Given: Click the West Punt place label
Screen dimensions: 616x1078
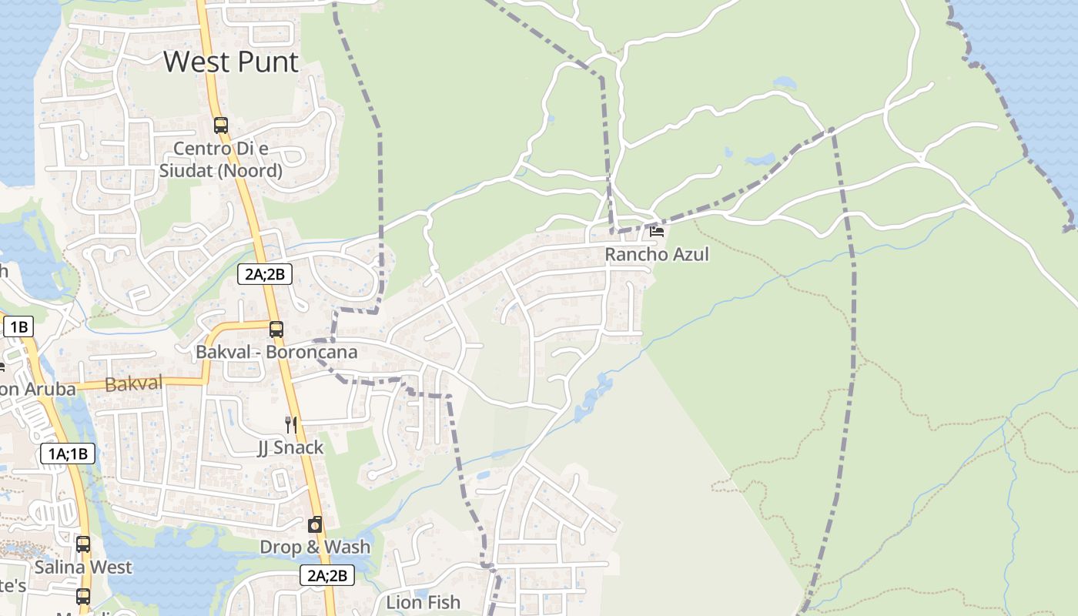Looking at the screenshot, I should [x=231, y=62].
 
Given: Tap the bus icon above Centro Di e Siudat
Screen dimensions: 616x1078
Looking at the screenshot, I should [x=221, y=125].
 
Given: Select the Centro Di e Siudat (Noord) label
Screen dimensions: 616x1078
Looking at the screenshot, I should [x=220, y=159].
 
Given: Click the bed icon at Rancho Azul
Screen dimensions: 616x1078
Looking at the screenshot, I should [x=657, y=230].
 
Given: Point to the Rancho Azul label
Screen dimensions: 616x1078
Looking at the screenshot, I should [x=656, y=254].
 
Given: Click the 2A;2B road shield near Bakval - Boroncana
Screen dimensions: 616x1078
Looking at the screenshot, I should [x=265, y=273].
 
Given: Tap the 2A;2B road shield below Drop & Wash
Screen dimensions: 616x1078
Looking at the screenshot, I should [x=326, y=575].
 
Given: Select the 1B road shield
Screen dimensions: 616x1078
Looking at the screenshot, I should [x=18, y=326].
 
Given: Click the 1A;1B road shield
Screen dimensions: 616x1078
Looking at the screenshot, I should [x=68, y=454].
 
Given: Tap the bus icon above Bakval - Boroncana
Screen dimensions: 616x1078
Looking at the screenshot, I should [x=276, y=330].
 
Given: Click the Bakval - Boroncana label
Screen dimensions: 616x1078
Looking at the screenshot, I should [x=276, y=352].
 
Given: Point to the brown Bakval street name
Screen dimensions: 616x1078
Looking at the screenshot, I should [x=133, y=383].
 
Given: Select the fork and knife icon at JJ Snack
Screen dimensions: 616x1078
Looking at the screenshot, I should [x=290, y=424].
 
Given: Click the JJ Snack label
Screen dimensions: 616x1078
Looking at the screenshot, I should [x=290, y=447].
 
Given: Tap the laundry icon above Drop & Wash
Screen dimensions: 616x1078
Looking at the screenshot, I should [x=315, y=524].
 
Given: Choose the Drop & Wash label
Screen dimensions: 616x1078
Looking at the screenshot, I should [x=315, y=547].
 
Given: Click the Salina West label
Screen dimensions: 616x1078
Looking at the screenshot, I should [x=83, y=567].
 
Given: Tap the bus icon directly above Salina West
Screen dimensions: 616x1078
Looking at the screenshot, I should [x=83, y=544].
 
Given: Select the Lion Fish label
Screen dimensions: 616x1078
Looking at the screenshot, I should [x=423, y=602].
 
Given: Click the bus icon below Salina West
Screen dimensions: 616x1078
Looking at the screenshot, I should [x=83, y=596].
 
